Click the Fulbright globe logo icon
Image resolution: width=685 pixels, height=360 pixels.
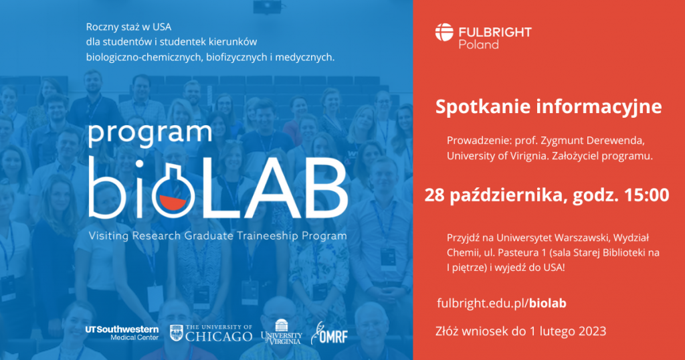click(x=444, y=32)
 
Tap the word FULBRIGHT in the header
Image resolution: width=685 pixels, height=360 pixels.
click(x=495, y=32)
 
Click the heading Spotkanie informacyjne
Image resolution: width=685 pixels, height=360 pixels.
click(x=549, y=107)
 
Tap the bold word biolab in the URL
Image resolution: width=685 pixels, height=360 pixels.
click(x=548, y=303)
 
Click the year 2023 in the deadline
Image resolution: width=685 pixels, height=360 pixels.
click(x=593, y=331)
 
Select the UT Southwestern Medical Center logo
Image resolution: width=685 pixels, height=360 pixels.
click(x=122, y=333)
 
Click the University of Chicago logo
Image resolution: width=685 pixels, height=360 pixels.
click(x=211, y=333)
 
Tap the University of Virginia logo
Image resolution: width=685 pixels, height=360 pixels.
click(x=282, y=332)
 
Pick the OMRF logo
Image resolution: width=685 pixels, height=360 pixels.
click(x=329, y=333)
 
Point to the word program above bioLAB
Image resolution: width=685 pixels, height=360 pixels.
click(x=151, y=134)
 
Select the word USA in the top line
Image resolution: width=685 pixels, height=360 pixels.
click(x=162, y=27)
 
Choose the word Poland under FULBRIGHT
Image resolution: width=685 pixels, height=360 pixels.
click(x=478, y=45)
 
